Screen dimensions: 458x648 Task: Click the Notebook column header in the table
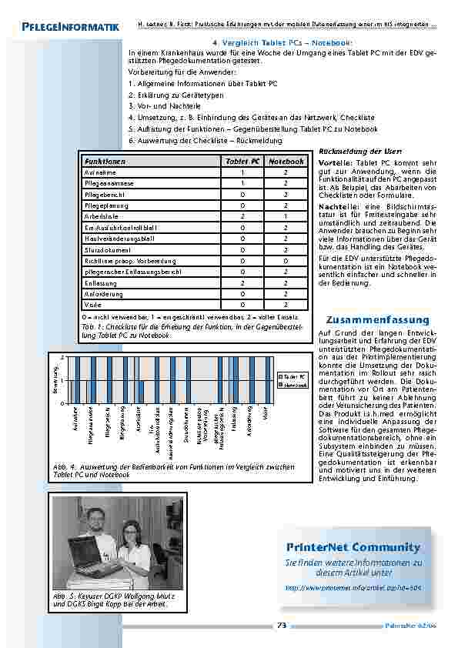click(286, 162)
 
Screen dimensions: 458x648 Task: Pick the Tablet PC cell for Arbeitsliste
click(242, 217)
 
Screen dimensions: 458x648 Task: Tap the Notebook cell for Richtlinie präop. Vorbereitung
click(286, 261)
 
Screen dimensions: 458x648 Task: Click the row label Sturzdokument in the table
click(108, 250)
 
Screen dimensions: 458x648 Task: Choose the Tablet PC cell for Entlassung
click(242, 282)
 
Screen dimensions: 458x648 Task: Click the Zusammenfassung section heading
click(366, 319)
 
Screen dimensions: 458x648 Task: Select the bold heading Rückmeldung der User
click(349, 152)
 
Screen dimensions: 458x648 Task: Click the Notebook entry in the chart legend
click(293, 383)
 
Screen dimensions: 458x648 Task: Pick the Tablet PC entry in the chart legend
click(293, 376)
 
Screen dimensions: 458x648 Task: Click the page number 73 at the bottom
click(281, 626)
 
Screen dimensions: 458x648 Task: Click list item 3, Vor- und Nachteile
click(165, 105)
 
